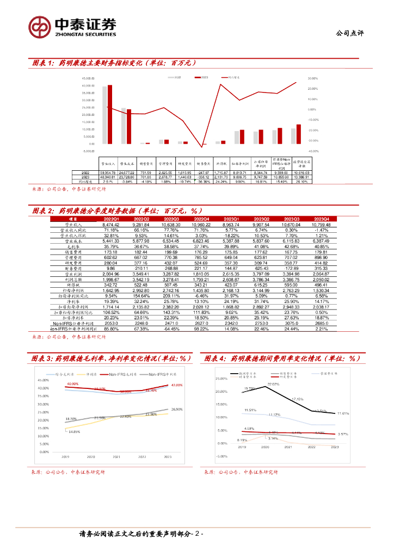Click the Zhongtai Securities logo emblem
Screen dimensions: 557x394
(40, 26)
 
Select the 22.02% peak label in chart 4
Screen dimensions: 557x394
(273, 385)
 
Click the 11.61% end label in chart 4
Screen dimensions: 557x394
(343, 413)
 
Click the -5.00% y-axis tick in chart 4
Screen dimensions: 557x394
(221, 457)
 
